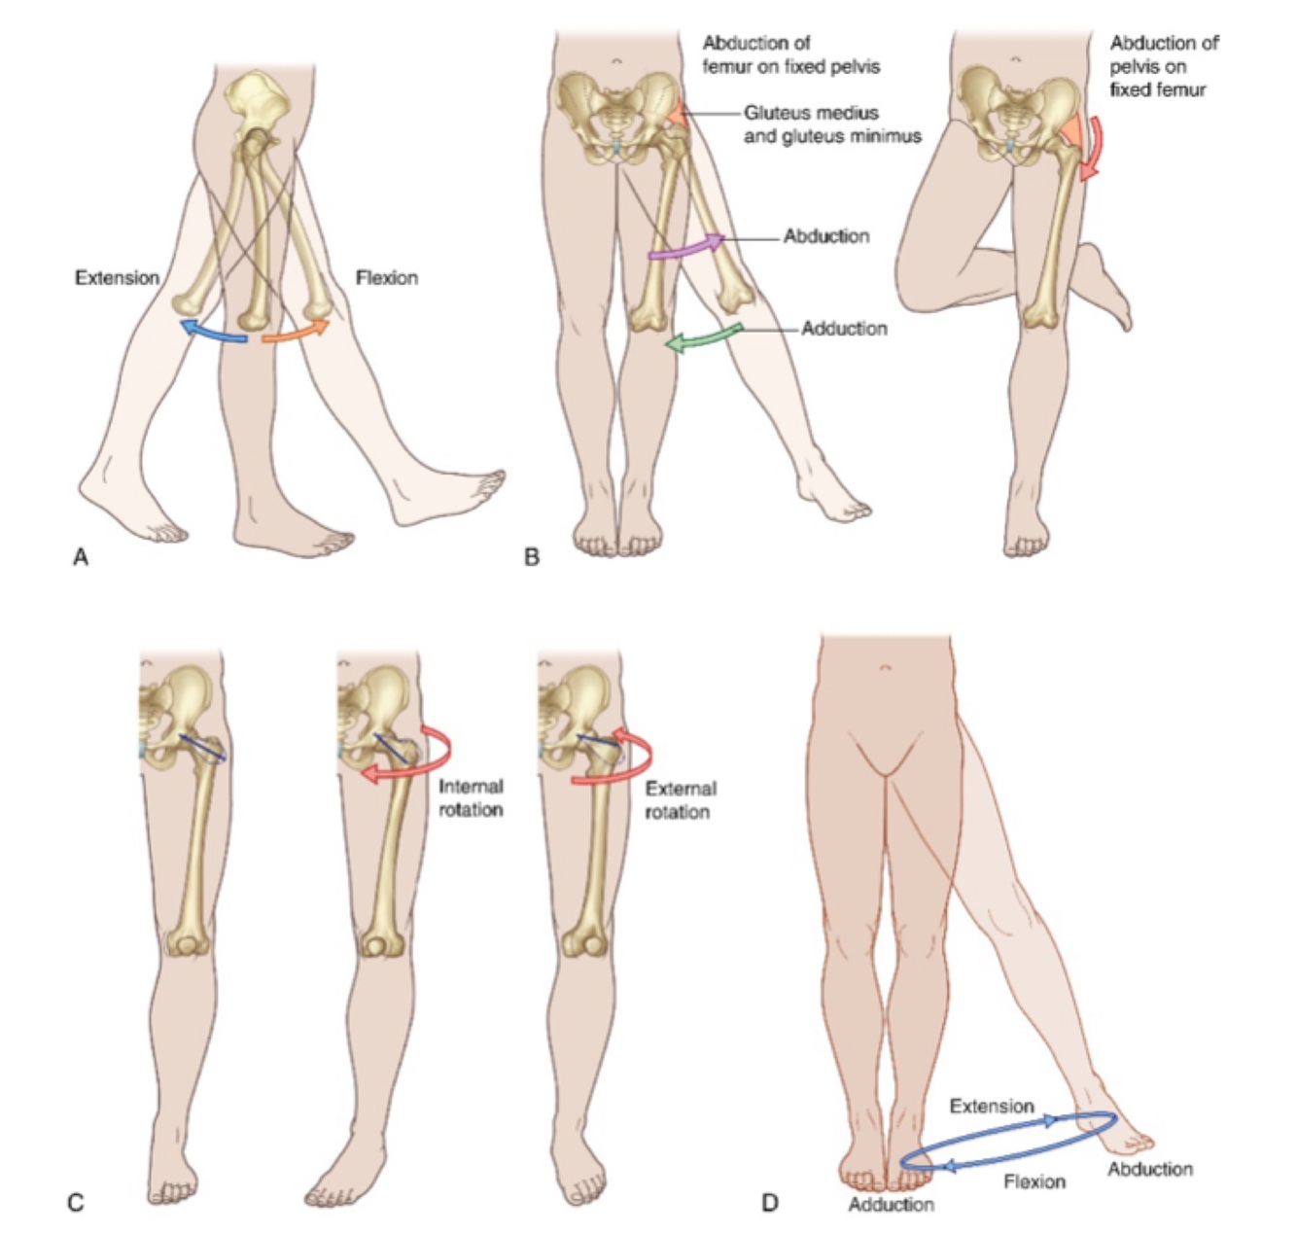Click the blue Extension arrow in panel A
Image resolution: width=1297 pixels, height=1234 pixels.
pyautogui.click(x=213, y=333)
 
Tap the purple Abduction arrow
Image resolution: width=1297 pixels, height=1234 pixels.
pyautogui.click(x=686, y=247)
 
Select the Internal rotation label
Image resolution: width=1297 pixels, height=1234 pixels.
pyautogui.click(x=471, y=798)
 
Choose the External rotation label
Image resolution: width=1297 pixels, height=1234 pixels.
pyautogui.click(x=680, y=799)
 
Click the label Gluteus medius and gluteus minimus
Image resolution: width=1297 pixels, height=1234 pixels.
pyautogui.click(x=831, y=125)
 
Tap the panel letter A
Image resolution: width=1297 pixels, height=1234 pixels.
pyautogui.click(x=81, y=557)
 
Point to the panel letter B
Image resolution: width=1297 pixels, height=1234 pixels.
pyautogui.click(x=531, y=557)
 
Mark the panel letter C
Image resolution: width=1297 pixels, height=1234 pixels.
pyautogui.click(x=75, y=1204)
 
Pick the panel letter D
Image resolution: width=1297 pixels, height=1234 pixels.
pyautogui.click(x=770, y=1204)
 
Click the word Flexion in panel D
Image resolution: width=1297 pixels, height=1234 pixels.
pyautogui.click(x=1034, y=1181)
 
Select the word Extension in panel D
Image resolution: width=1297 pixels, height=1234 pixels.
pyautogui.click(x=991, y=1107)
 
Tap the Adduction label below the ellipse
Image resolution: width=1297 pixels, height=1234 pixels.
pyautogui.click(x=891, y=1205)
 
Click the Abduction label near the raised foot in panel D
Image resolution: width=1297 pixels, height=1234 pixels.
pyautogui.click(x=1149, y=1169)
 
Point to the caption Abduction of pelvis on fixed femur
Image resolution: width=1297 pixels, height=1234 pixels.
pyautogui.click(x=1163, y=66)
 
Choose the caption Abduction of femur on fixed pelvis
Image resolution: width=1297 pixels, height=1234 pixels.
pyautogui.click(x=790, y=55)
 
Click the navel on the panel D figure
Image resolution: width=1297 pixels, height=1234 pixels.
pyautogui.click(x=884, y=668)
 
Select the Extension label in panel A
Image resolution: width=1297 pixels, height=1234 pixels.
pyautogui.click(x=117, y=278)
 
